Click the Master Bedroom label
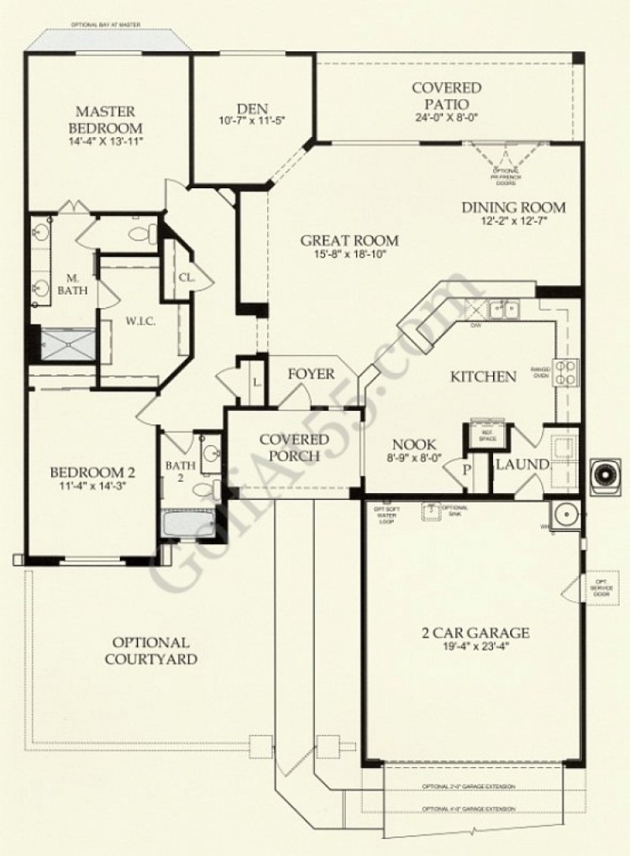109,120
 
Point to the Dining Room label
513,208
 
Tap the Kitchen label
483,377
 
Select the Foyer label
310,374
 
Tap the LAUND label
521,465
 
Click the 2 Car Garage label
474,632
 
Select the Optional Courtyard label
150,651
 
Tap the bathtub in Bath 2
188,524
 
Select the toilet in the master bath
143,233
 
